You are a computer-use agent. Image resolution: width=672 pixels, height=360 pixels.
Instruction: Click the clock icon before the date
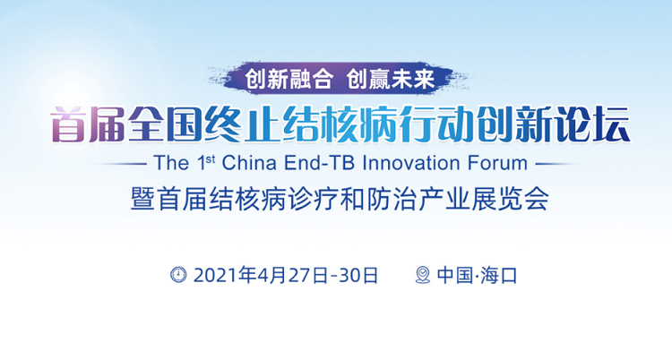(178, 274)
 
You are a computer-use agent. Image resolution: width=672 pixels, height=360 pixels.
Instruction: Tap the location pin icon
(423, 275)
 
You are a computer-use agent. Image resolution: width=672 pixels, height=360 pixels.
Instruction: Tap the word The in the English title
(171, 163)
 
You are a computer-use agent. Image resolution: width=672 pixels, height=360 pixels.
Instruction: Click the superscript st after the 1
(211, 159)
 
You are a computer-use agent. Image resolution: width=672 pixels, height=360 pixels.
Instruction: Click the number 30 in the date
(350, 275)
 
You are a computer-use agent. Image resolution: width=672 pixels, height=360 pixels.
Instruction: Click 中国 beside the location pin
(454, 275)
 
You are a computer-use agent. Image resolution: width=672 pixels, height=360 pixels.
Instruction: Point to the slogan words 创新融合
(289, 79)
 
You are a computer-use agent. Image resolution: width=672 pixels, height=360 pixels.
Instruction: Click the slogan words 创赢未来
(391, 79)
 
